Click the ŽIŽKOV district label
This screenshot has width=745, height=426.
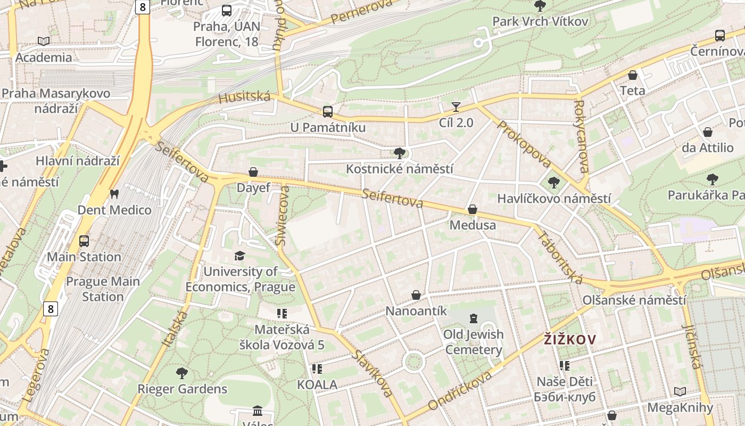[570, 339]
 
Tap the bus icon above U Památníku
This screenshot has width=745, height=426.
[328, 112]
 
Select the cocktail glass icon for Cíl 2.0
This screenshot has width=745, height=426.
[456, 107]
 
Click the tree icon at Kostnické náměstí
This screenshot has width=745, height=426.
[399, 154]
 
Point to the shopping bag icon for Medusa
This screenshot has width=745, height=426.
[472, 210]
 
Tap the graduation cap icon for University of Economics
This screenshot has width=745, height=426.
[239, 256]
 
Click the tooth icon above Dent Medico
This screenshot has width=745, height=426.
[114, 194]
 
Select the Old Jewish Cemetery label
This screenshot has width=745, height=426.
[473, 342]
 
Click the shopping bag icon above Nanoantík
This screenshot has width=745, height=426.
[416, 295]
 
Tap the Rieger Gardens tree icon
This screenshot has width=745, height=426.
[182, 373]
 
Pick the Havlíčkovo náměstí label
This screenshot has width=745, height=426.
[553, 199]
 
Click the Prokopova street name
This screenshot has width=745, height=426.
[523, 144]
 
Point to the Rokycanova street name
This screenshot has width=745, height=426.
[581, 136]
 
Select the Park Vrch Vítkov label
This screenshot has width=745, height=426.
[540, 21]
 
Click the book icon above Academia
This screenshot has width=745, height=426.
[44, 41]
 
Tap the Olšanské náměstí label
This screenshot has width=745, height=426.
[634, 300]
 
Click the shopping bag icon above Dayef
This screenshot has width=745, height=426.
[253, 172]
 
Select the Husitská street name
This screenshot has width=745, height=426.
[244, 97]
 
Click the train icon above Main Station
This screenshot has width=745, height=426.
[84, 241]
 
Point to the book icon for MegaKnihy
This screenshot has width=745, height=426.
[680, 392]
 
